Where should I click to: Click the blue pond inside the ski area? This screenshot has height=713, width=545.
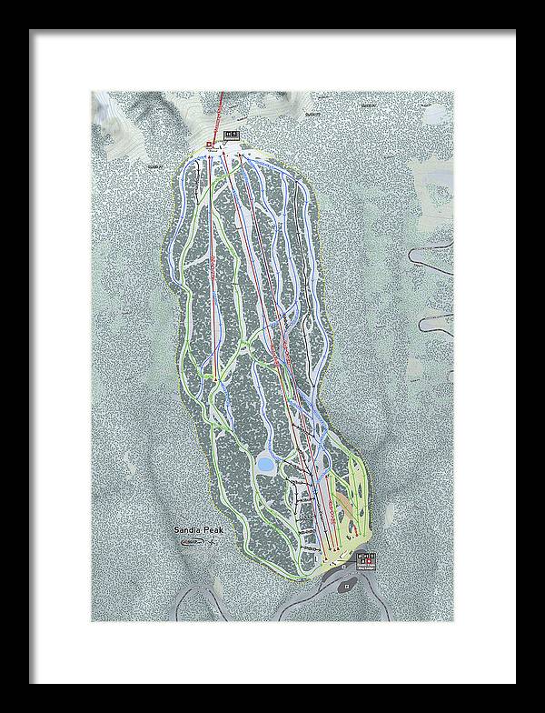266,466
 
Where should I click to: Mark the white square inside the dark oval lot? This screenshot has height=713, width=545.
347,587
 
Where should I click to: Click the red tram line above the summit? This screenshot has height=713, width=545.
224,109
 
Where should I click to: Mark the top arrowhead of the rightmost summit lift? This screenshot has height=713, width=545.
241,156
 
